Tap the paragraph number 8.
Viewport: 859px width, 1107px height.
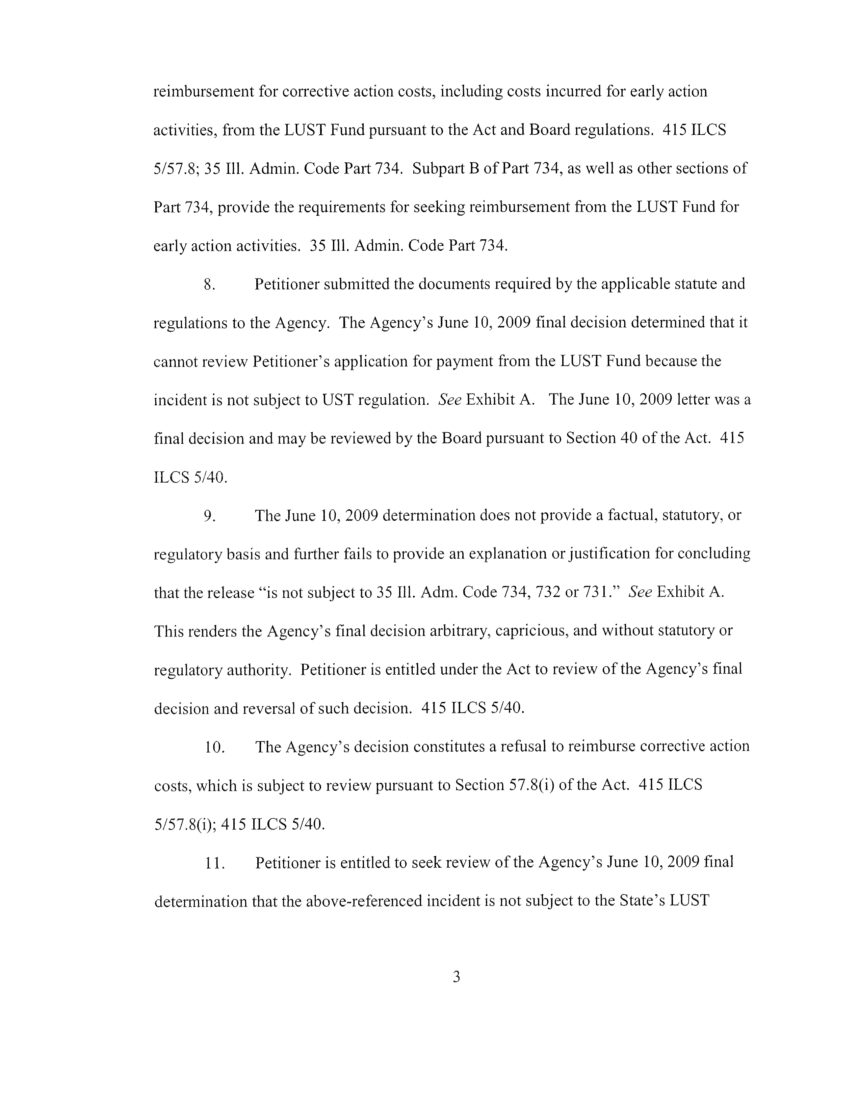click(209, 285)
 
